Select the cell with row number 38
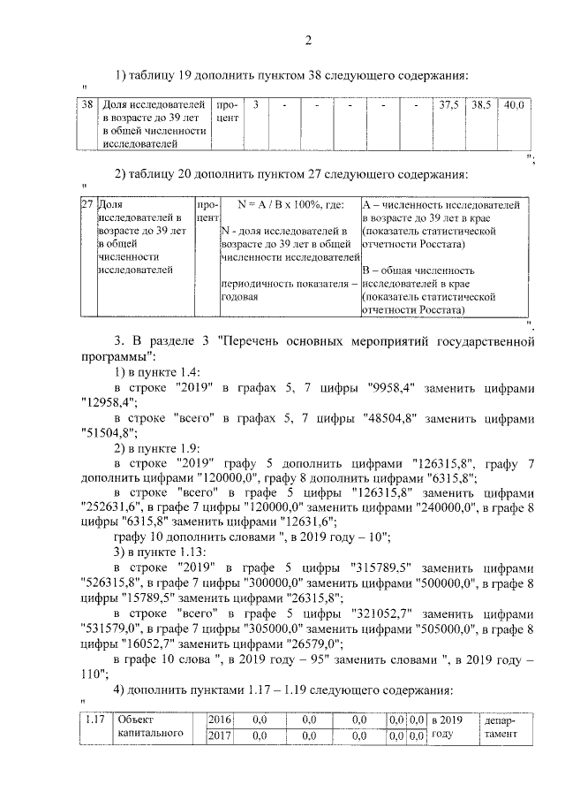click(x=87, y=105)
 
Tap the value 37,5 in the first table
click(x=448, y=105)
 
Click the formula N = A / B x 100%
click(x=279, y=204)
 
